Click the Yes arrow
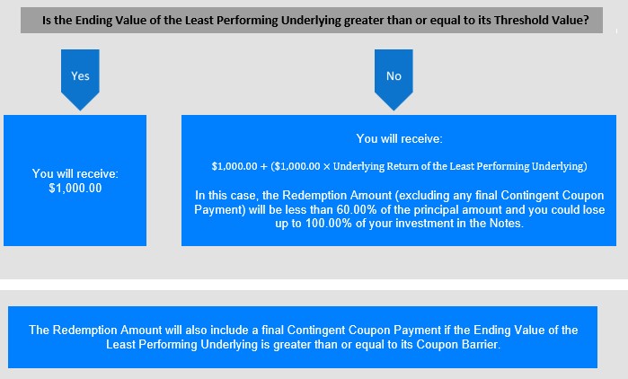80,79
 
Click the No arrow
394,79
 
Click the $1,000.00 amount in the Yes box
75,188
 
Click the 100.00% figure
329,224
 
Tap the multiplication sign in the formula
327,166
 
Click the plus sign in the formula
263,166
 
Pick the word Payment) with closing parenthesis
220,210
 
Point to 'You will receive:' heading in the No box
399,139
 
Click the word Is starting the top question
47,20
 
